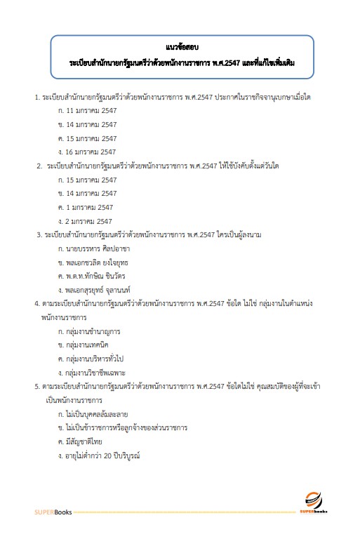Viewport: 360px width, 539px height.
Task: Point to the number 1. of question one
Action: pyautogui.click(x=37, y=97)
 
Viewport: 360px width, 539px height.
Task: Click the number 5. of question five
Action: pyautogui.click(x=37, y=386)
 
